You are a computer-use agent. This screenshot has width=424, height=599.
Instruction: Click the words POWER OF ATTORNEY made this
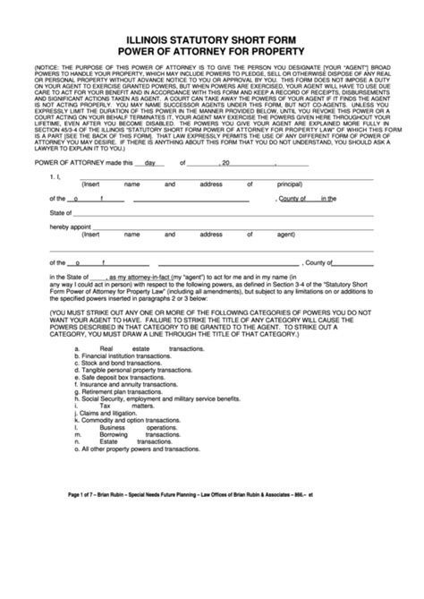pyautogui.click(x=76, y=188)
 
